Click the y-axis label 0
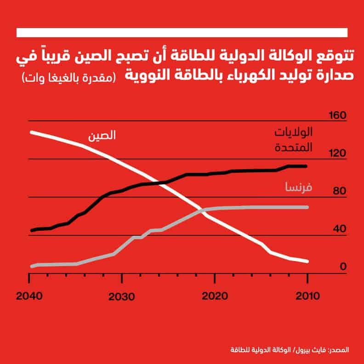tap(342, 267)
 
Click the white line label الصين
tap(102, 136)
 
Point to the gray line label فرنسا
tap(298, 188)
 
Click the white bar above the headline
tap(182, 33)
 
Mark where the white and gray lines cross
tap(202, 210)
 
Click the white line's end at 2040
tap(31, 132)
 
